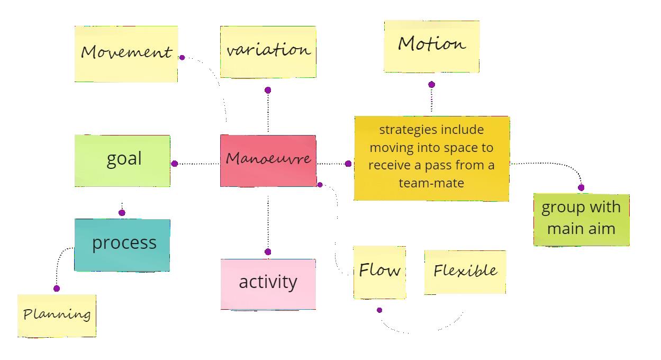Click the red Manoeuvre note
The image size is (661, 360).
268,160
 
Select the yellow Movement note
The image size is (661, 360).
126,53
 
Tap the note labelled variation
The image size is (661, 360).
268,51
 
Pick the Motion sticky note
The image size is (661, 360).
431,46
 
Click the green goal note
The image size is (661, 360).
122,160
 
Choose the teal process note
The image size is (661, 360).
122,245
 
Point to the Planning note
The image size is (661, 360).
57,316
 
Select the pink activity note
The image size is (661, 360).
268,284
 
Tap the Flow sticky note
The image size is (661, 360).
379,272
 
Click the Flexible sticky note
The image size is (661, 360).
465,272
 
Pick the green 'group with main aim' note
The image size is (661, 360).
581,220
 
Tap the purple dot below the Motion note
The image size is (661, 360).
431,85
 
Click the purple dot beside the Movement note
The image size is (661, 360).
182,57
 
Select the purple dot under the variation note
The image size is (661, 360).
268,91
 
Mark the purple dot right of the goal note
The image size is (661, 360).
175,164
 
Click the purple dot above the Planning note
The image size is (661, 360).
57,289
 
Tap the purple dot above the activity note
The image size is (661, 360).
268,252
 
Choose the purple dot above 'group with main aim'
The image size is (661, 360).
581,187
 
